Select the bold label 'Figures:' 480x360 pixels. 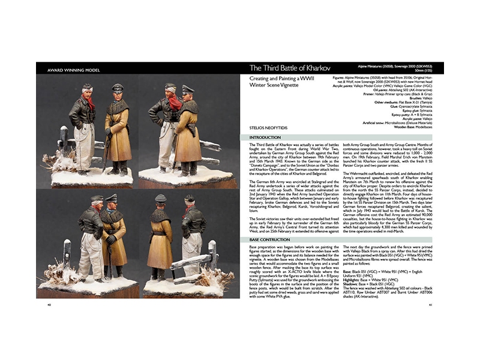click(340, 77)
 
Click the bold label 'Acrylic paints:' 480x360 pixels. click(345, 86)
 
